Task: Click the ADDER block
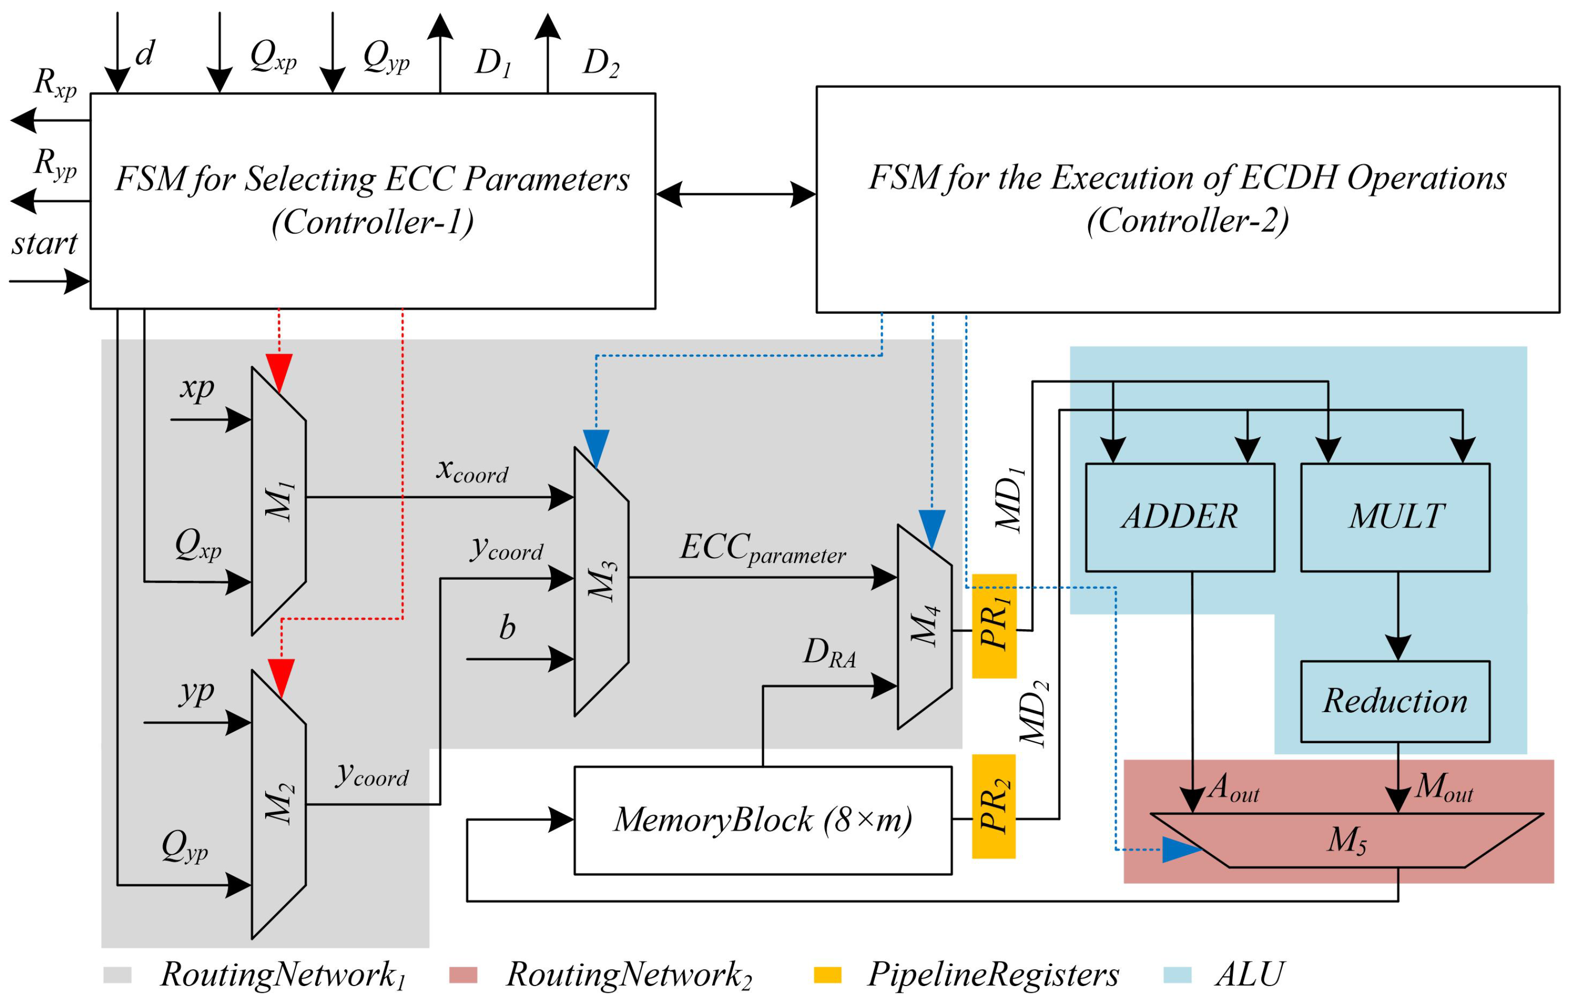point(1179,517)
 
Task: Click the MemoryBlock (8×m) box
point(762,820)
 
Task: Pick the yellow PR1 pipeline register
point(994,626)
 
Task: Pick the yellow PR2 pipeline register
point(994,807)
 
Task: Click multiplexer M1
point(279,501)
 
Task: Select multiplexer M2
point(279,805)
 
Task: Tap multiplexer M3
point(601,581)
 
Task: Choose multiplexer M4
point(924,627)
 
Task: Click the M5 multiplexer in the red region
point(1346,840)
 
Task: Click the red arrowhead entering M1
point(279,372)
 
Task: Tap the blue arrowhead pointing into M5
point(1180,850)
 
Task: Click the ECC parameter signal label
point(762,549)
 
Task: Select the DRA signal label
point(829,653)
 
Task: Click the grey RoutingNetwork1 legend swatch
point(118,975)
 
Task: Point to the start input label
point(44,243)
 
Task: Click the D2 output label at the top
point(601,63)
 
